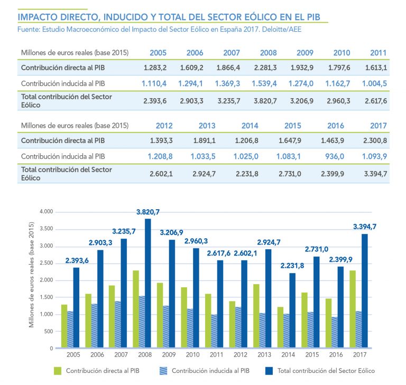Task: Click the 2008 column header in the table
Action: click(268, 53)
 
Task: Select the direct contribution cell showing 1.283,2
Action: click(155, 68)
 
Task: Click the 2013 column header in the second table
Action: click(207, 126)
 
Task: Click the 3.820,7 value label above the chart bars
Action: click(147, 212)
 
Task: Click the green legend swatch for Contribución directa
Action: click(58, 371)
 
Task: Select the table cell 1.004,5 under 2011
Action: click(375, 83)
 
